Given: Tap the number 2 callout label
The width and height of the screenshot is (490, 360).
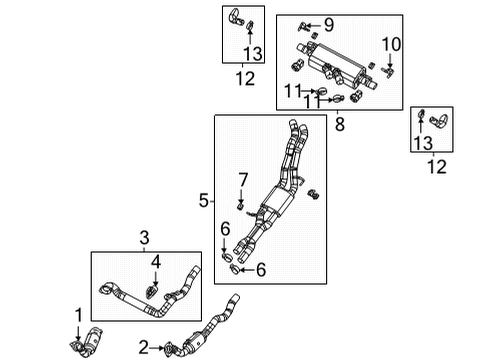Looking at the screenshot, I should (x=144, y=347).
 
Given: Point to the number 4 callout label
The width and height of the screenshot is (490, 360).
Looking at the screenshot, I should (x=154, y=263).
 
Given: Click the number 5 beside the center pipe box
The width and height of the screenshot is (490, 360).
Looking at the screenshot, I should (x=203, y=201).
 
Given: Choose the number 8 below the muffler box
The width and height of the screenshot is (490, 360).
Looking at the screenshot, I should (x=340, y=126).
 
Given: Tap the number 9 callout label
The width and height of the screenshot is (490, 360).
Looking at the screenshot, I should (x=328, y=24).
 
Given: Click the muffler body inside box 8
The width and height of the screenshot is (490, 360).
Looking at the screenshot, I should (x=329, y=62).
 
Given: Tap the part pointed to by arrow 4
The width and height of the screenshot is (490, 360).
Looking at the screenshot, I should (x=152, y=292).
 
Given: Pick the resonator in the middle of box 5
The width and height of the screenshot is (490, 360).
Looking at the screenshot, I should (x=280, y=201).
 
